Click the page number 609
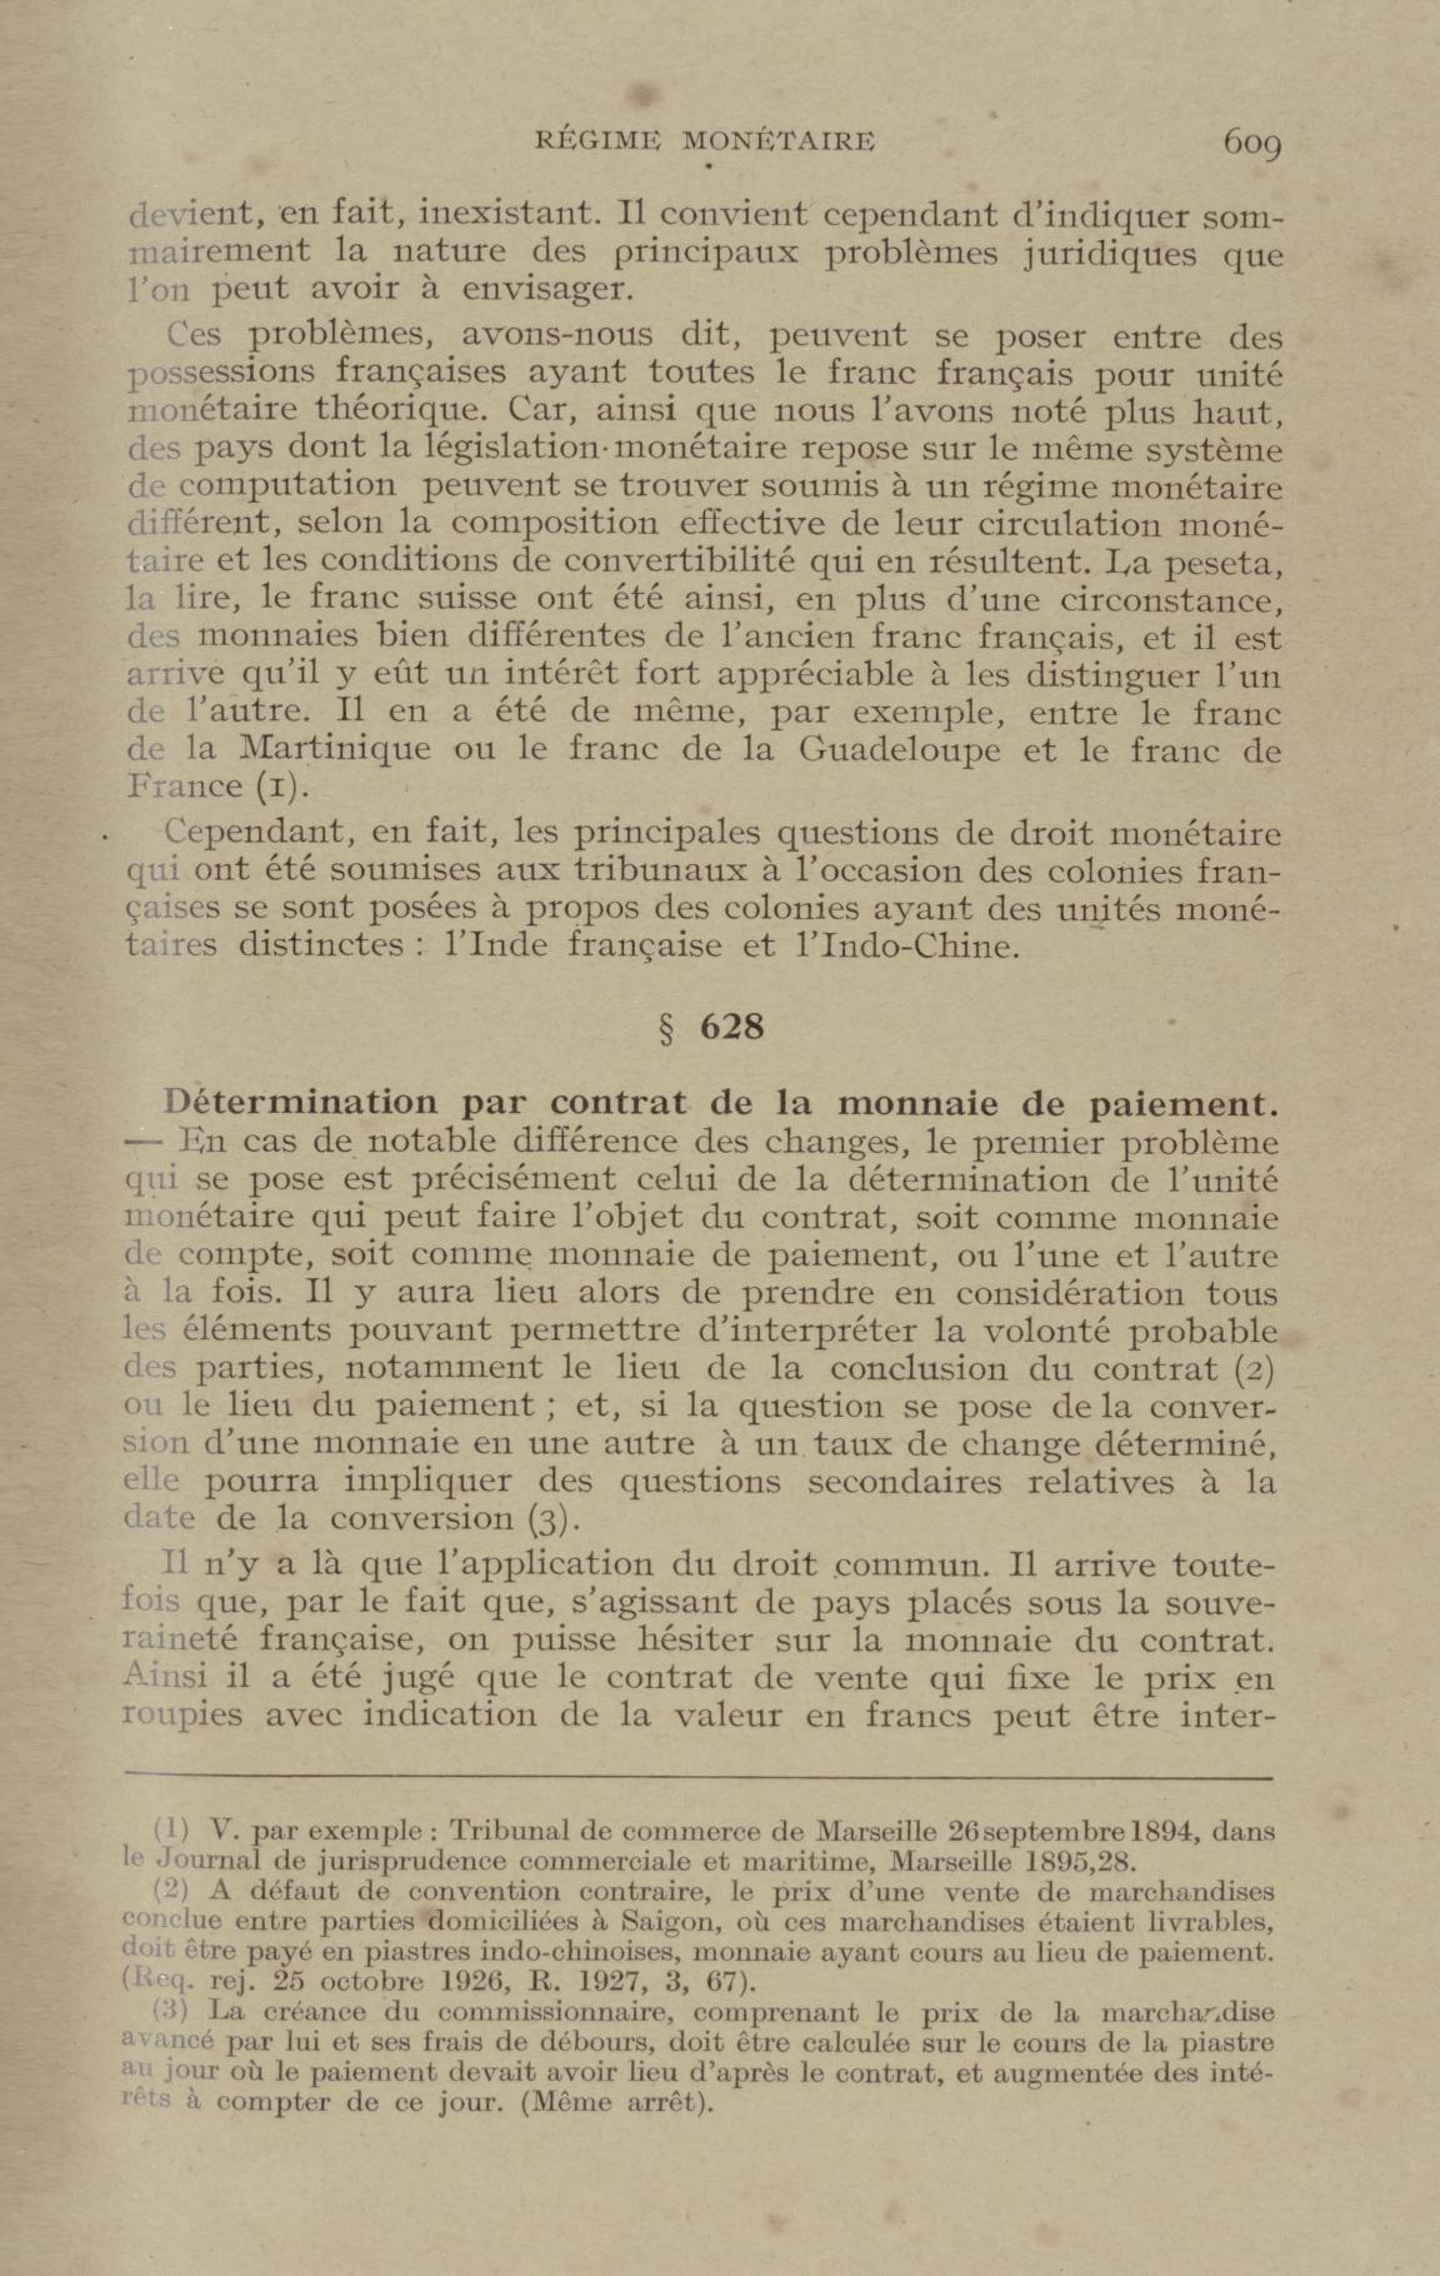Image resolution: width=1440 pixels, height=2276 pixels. [x=1251, y=144]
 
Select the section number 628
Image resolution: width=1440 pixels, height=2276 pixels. [x=731, y=1027]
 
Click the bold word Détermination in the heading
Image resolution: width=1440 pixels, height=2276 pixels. [x=301, y=1103]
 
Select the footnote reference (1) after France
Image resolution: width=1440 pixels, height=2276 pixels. [x=271, y=787]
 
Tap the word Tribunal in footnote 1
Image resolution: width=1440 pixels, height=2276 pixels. [x=510, y=1832]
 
